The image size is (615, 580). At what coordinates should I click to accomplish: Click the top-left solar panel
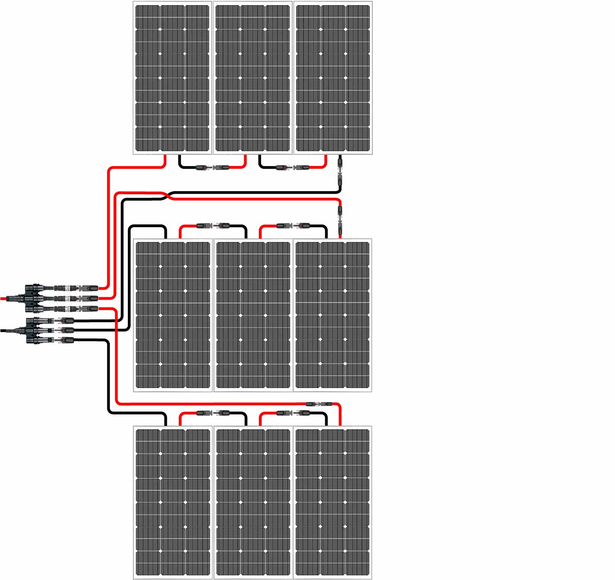point(172,78)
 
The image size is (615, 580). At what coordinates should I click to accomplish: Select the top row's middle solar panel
point(252,78)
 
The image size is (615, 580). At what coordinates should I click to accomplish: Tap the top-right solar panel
point(333,78)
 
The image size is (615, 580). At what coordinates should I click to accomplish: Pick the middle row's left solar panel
point(172,315)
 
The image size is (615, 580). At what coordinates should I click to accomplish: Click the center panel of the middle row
point(252,315)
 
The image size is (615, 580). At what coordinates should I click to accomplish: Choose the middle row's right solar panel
point(333,315)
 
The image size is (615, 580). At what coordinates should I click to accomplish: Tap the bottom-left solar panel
point(172,503)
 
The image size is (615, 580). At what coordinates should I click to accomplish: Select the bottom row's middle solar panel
point(252,503)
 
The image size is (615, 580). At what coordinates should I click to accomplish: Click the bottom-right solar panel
point(333,503)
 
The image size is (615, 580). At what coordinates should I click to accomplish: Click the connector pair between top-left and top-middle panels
point(213,167)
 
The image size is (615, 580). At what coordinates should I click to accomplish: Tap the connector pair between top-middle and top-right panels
point(293,167)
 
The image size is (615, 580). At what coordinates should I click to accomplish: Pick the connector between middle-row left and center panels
point(213,226)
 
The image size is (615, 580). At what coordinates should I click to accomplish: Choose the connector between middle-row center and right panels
point(293,226)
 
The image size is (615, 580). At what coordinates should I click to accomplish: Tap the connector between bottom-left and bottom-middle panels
point(213,413)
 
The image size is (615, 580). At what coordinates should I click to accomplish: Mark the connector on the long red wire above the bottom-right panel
point(319,404)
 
